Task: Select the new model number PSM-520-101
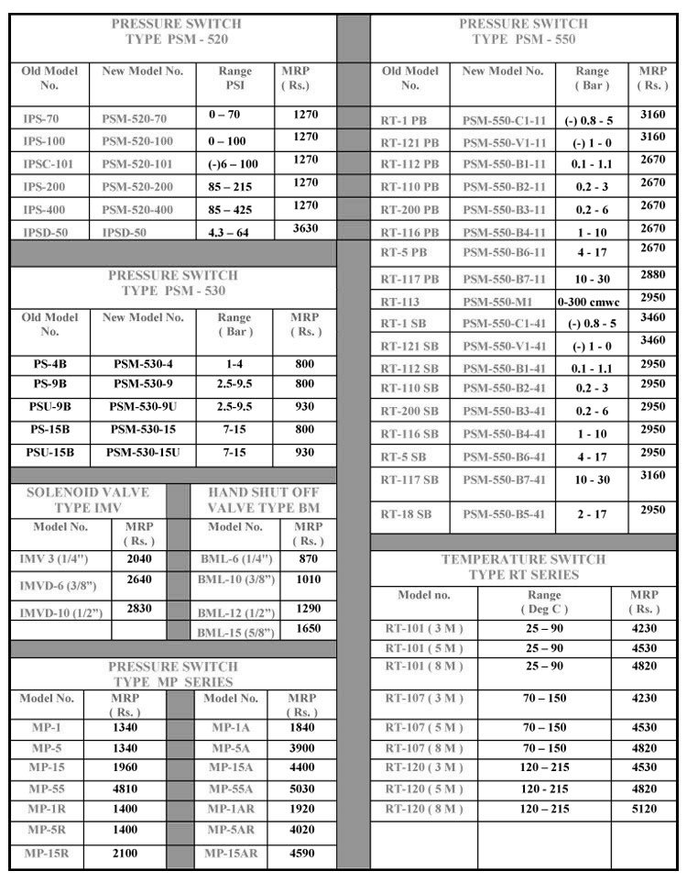coord(137,164)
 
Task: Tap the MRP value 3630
coord(305,229)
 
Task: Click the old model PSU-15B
coord(50,453)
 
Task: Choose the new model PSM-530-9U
coord(144,406)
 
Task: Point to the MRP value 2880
coord(652,274)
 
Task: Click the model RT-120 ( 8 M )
coord(424,809)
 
